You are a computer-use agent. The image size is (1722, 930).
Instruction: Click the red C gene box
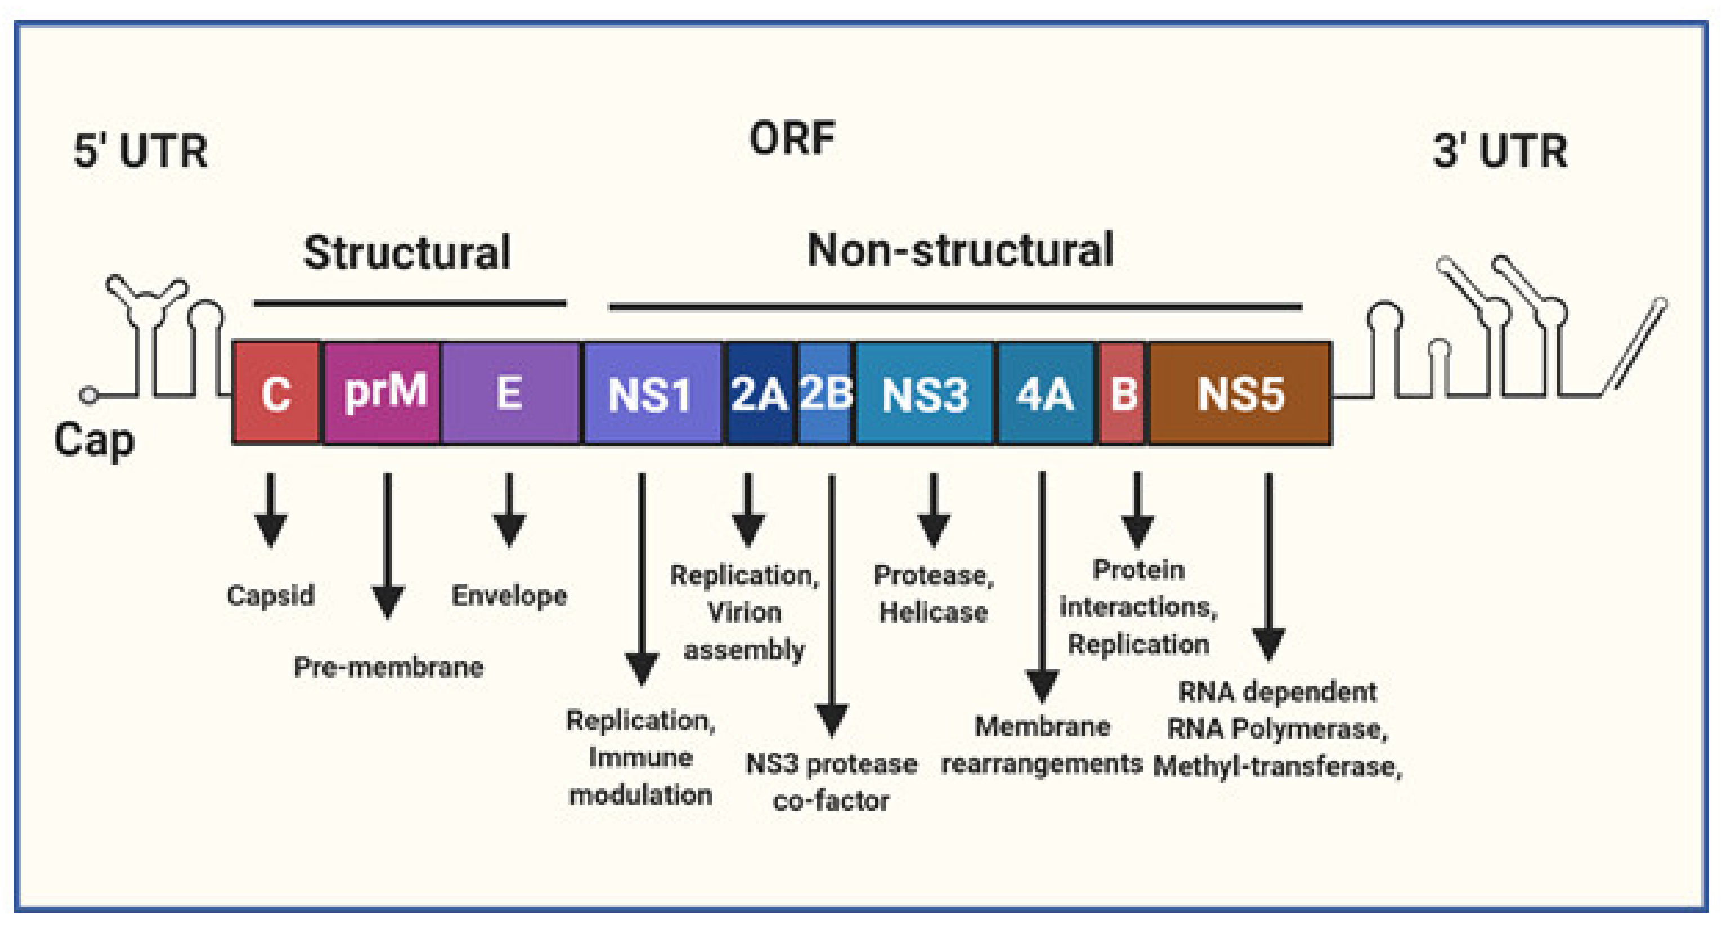tap(276, 393)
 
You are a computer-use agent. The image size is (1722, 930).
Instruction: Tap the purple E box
tap(510, 393)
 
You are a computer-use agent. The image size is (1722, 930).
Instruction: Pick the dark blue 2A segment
tap(759, 393)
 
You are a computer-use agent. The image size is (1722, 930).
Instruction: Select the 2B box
tap(825, 393)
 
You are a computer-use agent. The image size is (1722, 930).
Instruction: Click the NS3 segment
tap(924, 393)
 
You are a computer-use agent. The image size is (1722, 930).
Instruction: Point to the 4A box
tap(1045, 393)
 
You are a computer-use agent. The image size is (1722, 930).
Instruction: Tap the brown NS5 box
tap(1240, 393)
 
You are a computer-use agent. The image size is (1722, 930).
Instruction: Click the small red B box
tap(1123, 393)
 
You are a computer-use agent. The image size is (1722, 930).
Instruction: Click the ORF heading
tap(792, 138)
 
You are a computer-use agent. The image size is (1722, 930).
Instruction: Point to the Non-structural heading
tap(960, 250)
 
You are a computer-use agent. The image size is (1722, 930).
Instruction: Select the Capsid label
tap(271, 594)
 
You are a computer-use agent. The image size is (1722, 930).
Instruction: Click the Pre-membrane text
tap(388, 667)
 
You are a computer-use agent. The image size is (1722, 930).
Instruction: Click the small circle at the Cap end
tap(88, 395)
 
